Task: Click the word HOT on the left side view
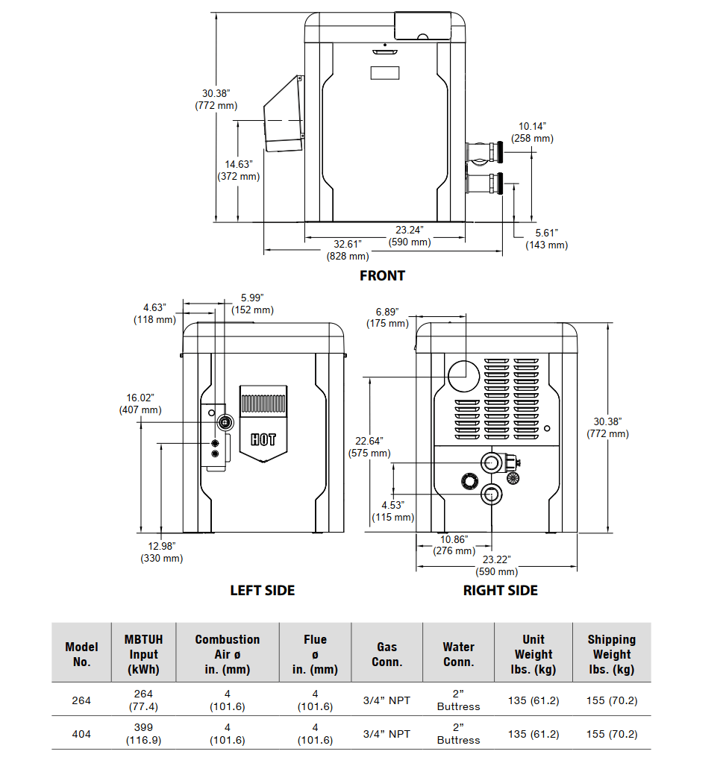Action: (x=263, y=439)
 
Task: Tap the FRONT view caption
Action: (x=382, y=275)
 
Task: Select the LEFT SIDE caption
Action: (x=262, y=590)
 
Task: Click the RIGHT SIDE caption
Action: (x=500, y=590)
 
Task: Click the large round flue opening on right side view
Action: (x=465, y=373)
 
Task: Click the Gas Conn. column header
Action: (x=387, y=654)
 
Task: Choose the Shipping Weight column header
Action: (x=611, y=654)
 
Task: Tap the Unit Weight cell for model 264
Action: (x=533, y=700)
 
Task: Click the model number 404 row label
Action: (x=81, y=733)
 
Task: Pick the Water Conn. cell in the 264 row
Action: (x=458, y=700)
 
